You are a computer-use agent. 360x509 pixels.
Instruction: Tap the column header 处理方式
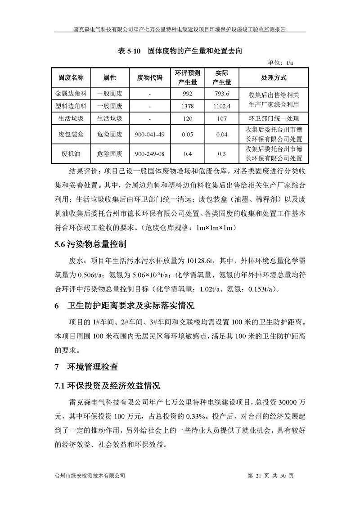[x=274, y=77]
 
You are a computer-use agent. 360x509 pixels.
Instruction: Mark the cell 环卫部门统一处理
[x=274, y=119]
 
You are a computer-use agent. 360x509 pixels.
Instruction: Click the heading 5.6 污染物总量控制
[x=90, y=245]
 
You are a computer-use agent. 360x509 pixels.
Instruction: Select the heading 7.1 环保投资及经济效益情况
[x=107, y=386]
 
